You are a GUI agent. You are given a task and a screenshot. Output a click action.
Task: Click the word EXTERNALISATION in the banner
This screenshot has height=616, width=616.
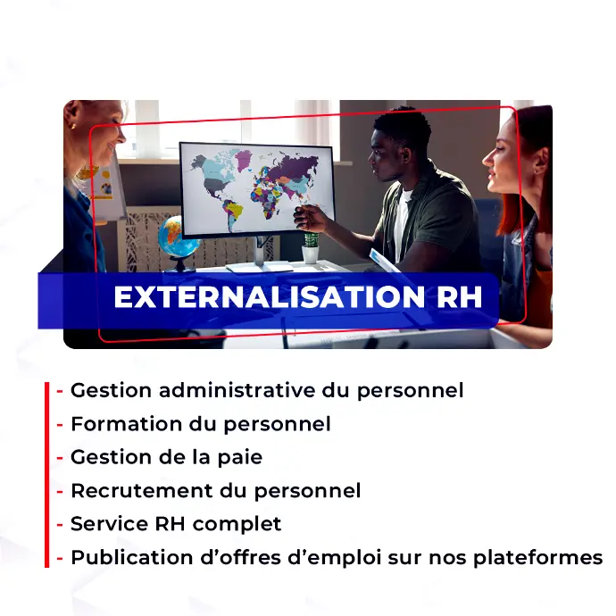coord(269,296)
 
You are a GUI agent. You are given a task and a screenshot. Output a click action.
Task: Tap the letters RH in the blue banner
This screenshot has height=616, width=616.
coord(459,296)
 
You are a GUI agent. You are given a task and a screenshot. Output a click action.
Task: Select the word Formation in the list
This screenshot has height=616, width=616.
coord(127,424)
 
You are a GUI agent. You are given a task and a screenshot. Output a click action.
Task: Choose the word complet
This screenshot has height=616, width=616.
coord(237,525)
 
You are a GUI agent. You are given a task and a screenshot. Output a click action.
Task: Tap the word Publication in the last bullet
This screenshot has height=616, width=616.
coord(132,557)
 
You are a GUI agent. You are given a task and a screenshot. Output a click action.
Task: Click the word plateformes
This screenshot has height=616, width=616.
coord(537,558)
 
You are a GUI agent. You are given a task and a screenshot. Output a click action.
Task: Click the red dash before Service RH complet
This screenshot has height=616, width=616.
coord(60,525)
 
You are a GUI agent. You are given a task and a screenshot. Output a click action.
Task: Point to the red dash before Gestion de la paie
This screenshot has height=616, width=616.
coord(60,458)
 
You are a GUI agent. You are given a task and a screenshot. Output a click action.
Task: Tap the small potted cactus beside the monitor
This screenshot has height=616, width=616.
coord(311,248)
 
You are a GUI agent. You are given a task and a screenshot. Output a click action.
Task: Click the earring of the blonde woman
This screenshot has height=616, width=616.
coord(72,127)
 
